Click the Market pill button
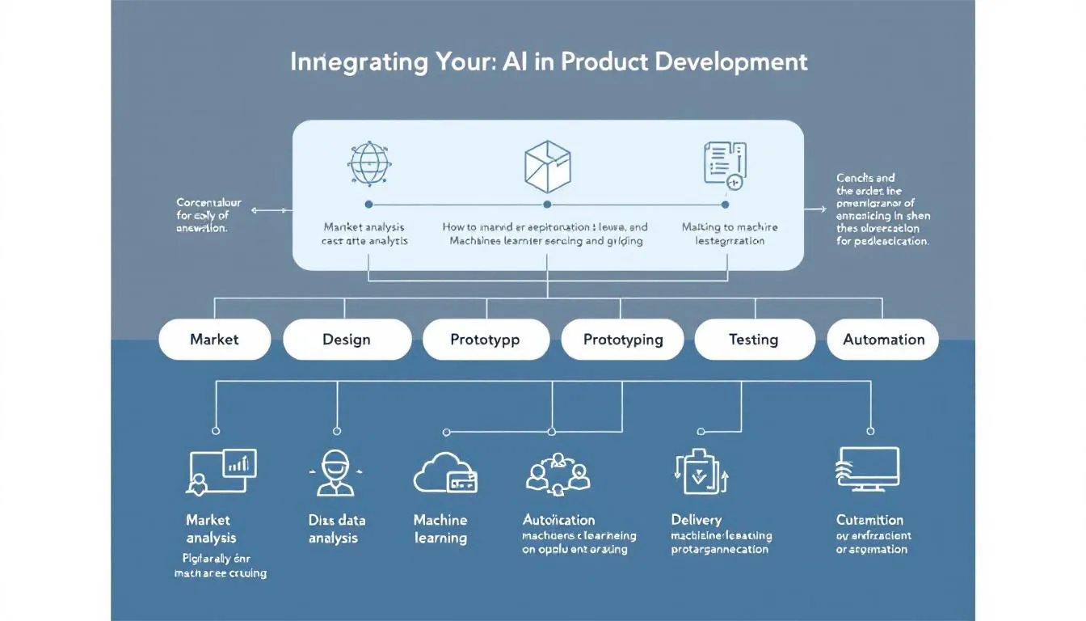click(x=214, y=340)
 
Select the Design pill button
click(x=347, y=340)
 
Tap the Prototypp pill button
click(x=485, y=340)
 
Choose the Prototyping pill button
click(x=623, y=340)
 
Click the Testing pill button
click(x=753, y=340)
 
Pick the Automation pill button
click(x=883, y=340)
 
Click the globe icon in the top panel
click(x=369, y=163)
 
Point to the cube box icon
click(x=547, y=163)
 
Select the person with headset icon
click(x=335, y=473)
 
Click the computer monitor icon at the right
click(x=867, y=470)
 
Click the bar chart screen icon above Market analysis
click(x=221, y=471)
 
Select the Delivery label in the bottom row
click(x=696, y=520)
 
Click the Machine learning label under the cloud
click(x=440, y=529)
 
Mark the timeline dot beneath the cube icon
click(x=547, y=205)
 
